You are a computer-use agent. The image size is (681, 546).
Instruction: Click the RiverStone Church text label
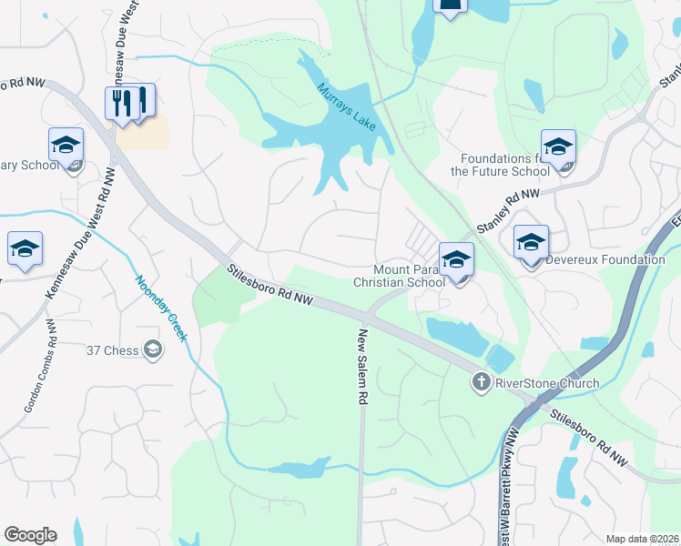pyautogui.click(x=546, y=383)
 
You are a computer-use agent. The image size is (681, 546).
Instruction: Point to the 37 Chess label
pyautogui.click(x=128, y=349)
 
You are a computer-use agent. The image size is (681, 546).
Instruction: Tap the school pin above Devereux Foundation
pyautogui.click(x=531, y=242)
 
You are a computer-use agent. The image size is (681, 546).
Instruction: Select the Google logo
pyautogui.click(x=30, y=534)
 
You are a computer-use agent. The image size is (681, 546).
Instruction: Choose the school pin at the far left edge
pyautogui.click(x=25, y=249)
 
